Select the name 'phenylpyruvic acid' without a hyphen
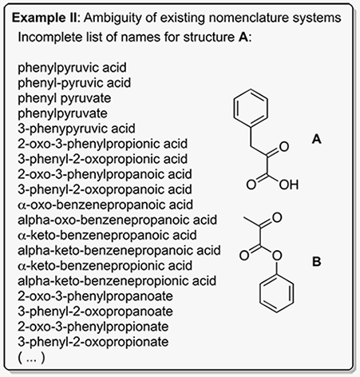click(72, 68)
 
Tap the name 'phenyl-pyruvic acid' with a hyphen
click(74, 83)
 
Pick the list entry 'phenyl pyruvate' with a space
click(65, 98)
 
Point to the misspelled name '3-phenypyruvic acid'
click(77, 129)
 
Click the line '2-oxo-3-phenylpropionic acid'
click(103, 144)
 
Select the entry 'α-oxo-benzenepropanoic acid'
click(105, 205)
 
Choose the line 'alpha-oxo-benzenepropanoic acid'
click(117, 220)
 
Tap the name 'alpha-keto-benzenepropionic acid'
click(117, 281)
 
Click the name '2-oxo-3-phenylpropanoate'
click(95, 296)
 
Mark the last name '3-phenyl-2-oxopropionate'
click(93, 342)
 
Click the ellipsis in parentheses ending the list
click(31, 358)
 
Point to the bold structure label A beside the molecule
click(317, 139)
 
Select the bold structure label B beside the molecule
click(317, 261)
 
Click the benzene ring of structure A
click(234, 108)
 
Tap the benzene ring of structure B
click(259, 293)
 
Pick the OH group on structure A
click(289, 185)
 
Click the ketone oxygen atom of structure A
click(284, 147)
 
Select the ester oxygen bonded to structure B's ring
click(277, 256)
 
